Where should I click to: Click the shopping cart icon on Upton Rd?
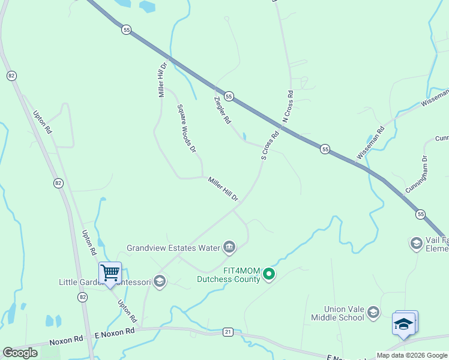(110, 273)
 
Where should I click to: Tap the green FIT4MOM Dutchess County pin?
(269, 275)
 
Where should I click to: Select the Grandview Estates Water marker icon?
(229, 247)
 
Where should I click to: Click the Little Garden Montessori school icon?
(159, 281)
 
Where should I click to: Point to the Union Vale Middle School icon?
(373, 312)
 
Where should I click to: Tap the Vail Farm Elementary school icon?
(416, 243)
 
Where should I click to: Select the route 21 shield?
(228, 331)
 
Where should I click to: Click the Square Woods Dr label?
(186, 128)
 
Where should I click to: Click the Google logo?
(20, 353)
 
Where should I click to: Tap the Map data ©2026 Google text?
(412, 355)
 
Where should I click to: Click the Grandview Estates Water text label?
(172, 247)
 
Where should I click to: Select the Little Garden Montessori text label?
(105, 282)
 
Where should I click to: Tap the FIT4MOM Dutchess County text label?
(229, 275)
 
